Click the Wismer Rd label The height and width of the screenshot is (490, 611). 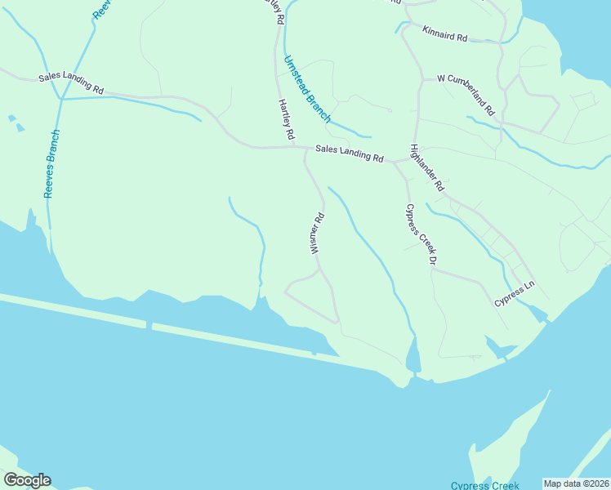[x=317, y=234]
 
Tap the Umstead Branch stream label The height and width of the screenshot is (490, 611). [x=306, y=89]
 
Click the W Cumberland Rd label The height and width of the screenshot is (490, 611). [x=467, y=94]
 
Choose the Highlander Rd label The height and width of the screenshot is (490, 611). [x=426, y=168]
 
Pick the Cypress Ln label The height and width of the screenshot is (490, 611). [x=514, y=295]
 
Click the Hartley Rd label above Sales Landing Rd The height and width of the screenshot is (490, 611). [x=285, y=121]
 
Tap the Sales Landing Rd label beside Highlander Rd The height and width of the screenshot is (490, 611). [x=350, y=153]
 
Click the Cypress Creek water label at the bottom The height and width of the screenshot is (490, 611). [x=485, y=485]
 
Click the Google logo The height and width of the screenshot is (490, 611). [x=27, y=480]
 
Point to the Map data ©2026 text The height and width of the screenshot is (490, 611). [x=577, y=483]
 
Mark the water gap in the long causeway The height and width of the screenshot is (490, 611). [x=149, y=325]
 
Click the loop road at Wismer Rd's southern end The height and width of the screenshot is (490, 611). [x=310, y=298]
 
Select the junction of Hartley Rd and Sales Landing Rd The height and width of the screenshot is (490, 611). [x=292, y=147]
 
